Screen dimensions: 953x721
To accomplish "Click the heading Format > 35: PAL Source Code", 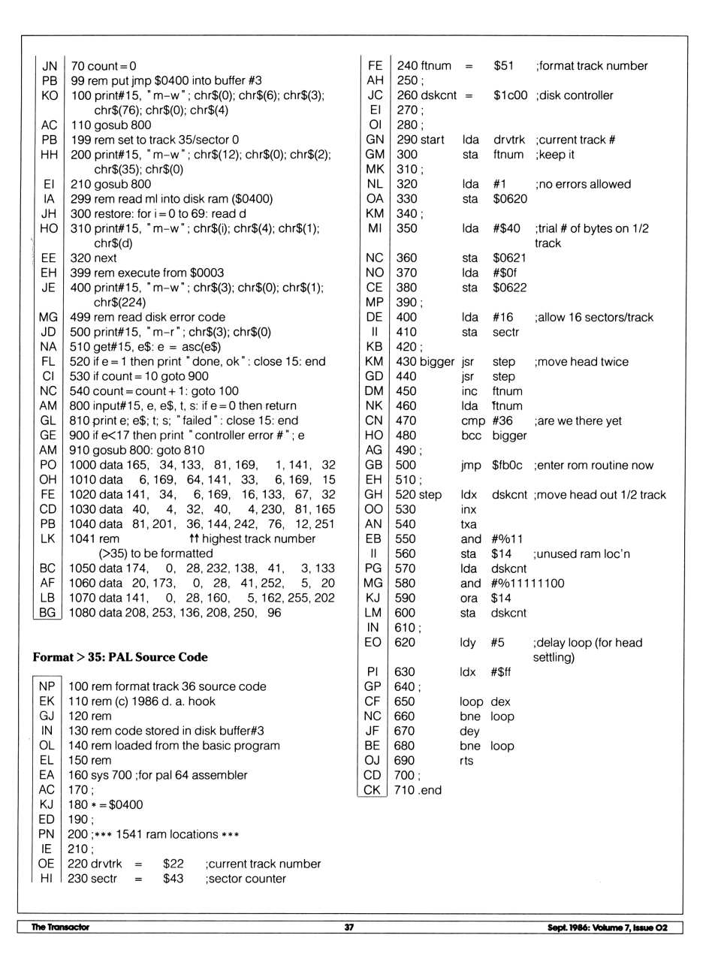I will point(120,657).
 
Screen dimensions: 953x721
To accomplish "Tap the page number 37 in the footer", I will point(348,927).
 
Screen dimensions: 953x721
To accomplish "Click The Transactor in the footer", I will point(60,927).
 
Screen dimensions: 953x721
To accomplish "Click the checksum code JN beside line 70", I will point(50,66).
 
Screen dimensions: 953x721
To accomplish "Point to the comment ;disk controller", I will point(575,95).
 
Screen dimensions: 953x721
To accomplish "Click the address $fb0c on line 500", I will point(507,465).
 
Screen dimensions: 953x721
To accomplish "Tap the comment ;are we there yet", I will point(578,421).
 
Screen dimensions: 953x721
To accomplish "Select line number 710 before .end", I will point(404,790).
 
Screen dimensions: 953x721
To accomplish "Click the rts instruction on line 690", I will point(466,761).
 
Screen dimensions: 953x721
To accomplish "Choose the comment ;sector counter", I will point(246,879).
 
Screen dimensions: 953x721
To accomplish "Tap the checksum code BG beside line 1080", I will point(47,613).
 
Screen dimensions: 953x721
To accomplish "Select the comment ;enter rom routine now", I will point(594,465).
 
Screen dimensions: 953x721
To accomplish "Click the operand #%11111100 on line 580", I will point(528,584).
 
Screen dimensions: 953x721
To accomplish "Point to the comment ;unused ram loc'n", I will point(581,553).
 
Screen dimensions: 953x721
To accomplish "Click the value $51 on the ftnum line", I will point(503,66).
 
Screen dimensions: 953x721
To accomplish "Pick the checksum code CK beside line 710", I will point(372,790).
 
